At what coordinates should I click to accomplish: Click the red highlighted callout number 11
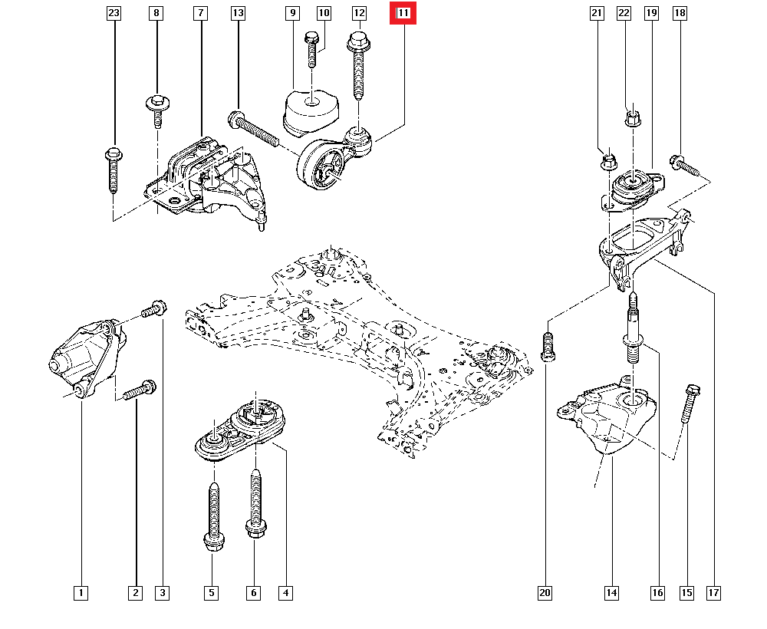403,13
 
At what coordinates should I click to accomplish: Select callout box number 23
114,13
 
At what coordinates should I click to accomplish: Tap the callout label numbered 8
157,13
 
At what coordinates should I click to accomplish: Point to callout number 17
714,593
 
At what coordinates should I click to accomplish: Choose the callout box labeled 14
611,593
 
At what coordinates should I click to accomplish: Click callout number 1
81,593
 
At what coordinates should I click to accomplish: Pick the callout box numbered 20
545,593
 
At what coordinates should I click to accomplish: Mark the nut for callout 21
607,162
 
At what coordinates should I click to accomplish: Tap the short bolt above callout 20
547,347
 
